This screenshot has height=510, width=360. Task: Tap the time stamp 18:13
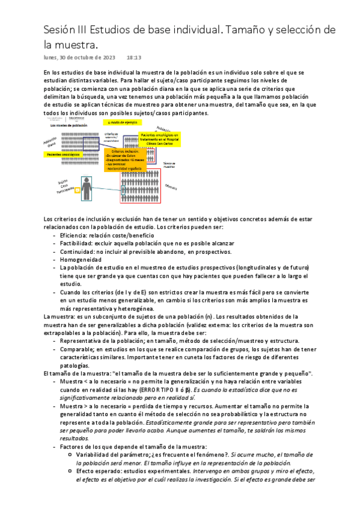tap(133, 58)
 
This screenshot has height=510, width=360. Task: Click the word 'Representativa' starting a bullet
tap(81, 340)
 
